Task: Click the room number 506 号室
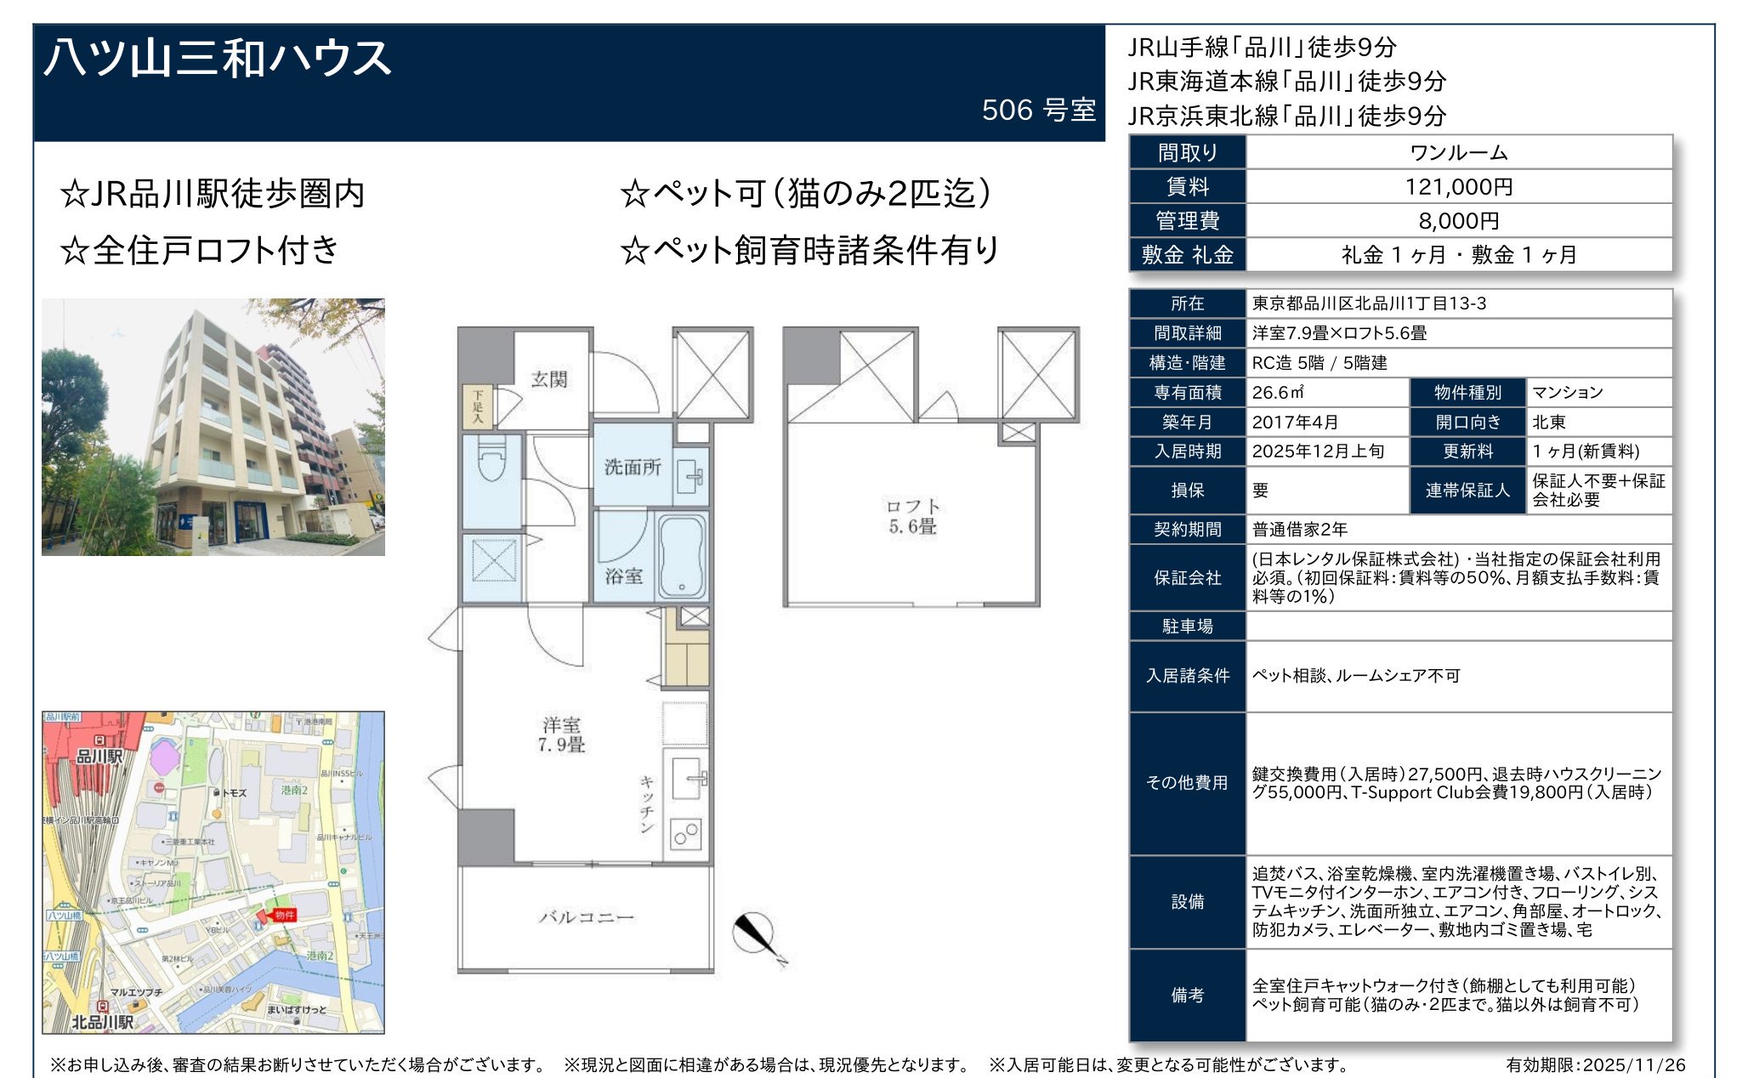(x=1038, y=110)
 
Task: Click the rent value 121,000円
(x=1458, y=186)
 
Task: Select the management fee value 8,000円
(x=1458, y=220)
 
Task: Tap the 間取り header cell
(x=1187, y=152)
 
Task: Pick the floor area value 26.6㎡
(x=1278, y=392)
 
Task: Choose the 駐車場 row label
(x=1187, y=626)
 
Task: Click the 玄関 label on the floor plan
(x=548, y=379)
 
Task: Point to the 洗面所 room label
(x=632, y=467)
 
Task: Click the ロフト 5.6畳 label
(x=912, y=516)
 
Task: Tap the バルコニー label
(x=586, y=916)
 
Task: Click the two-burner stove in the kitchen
(x=685, y=834)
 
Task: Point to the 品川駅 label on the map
(x=99, y=756)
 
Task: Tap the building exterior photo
(x=213, y=427)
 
